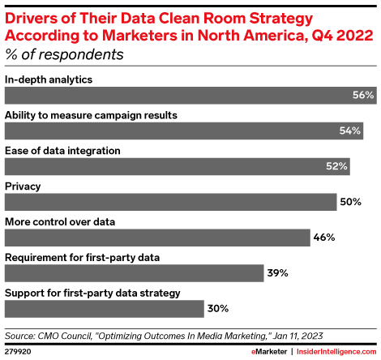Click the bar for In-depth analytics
click(190, 95)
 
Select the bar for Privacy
click(170, 202)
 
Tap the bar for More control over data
click(157, 238)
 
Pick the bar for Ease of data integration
click(177, 166)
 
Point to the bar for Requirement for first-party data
click(134, 273)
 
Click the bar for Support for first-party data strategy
click(104, 309)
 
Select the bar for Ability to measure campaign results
click(183, 131)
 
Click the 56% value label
click(363, 96)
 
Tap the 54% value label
click(350, 131)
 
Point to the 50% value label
click(350, 202)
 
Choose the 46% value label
click(324, 238)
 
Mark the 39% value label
click(278, 273)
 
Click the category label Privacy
click(24, 186)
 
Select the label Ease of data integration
click(63, 150)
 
